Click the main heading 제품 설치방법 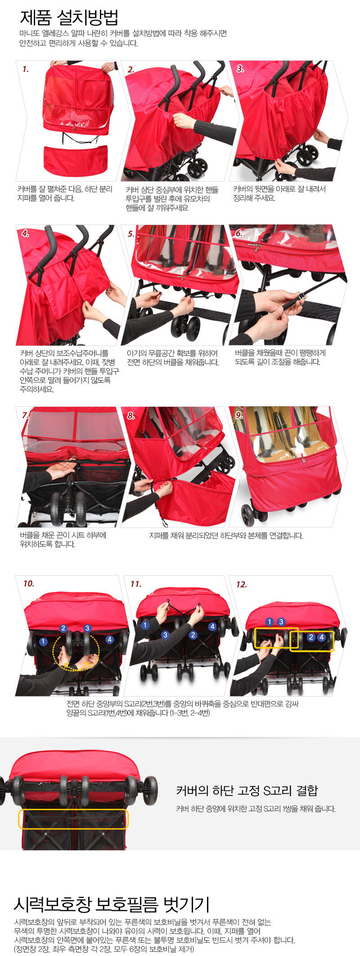tap(69, 18)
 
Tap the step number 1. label tap(26, 69)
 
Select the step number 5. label tap(131, 234)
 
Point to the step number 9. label tap(239, 415)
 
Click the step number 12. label tap(242, 584)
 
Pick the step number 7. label tap(25, 415)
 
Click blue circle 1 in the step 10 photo tap(43, 641)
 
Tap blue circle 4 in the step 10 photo tap(109, 639)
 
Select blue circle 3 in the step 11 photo tap(165, 635)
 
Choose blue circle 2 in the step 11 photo tap(193, 635)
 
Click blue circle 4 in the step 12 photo tap(321, 637)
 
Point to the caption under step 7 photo tap(63, 539)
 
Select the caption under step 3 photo tap(279, 193)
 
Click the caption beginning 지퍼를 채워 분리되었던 tap(226, 535)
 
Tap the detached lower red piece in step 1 tap(76, 159)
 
